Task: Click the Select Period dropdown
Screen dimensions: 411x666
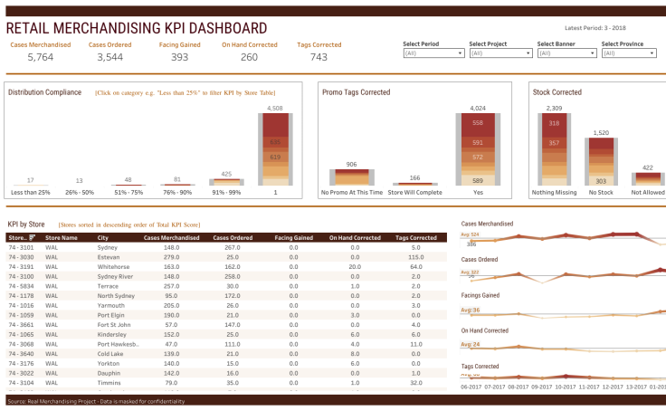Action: (433, 53)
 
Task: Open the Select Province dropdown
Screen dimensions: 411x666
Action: (632, 53)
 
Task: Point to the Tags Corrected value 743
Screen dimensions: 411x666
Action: (319, 57)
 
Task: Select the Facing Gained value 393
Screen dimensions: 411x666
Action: (179, 57)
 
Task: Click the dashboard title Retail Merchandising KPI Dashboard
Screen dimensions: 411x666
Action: (137, 29)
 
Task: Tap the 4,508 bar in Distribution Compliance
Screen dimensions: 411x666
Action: (276, 149)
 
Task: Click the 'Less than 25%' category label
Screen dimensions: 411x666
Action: (31, 192)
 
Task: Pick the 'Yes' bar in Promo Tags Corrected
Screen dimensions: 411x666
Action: (477, 149)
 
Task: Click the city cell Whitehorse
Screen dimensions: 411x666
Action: (114, 267)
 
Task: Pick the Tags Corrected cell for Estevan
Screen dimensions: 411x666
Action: (415, 257)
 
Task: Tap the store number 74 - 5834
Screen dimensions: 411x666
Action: (21, 286)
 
